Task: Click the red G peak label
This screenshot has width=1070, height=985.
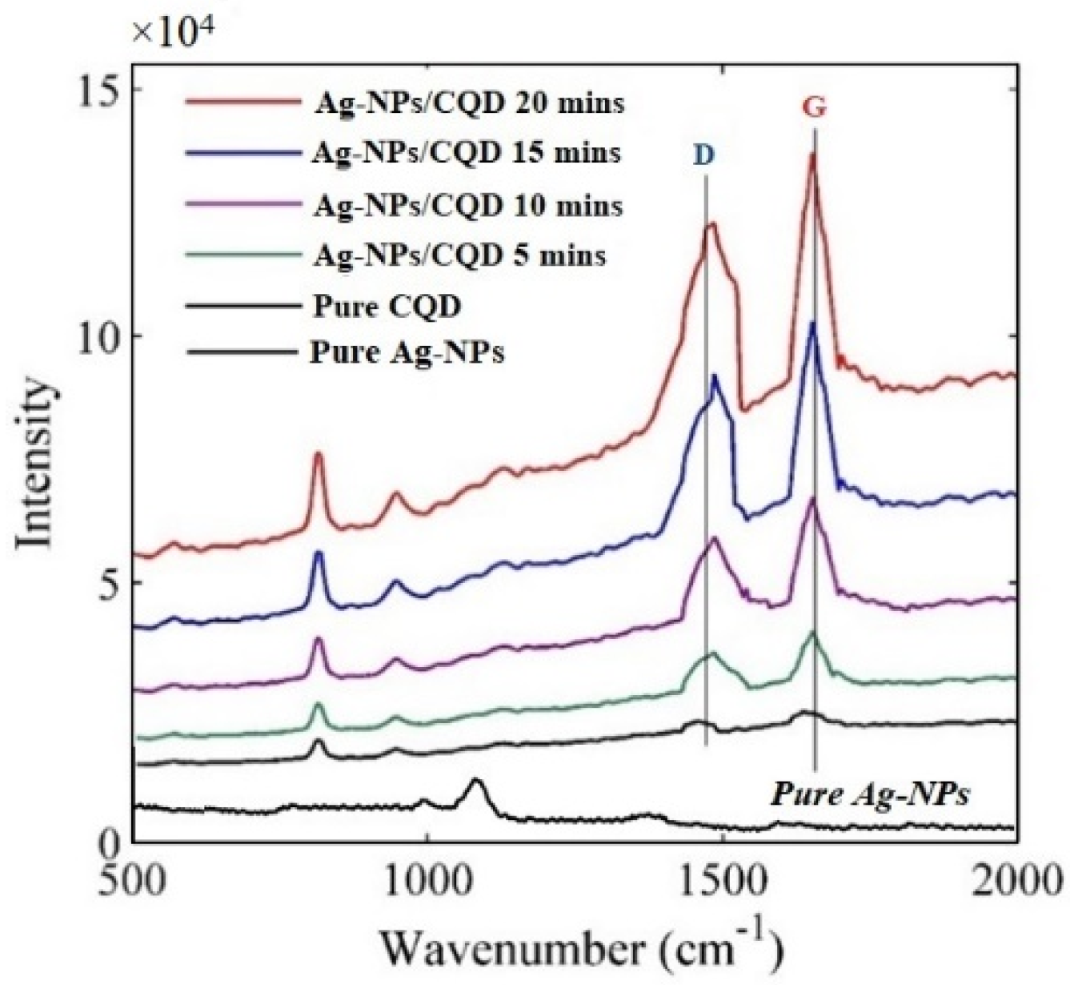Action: [814, 109]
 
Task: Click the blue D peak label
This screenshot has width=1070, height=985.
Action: [703, 155]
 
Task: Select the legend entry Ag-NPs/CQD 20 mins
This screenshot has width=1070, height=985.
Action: [468, 103]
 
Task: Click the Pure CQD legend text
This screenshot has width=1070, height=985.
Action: [387, 306]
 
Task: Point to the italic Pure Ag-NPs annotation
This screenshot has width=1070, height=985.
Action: [870, 794]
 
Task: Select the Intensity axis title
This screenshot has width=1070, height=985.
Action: [36, 464]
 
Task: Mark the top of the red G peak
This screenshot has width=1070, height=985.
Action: [812, 155]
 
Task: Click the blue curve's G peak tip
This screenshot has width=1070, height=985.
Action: [813, 324]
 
